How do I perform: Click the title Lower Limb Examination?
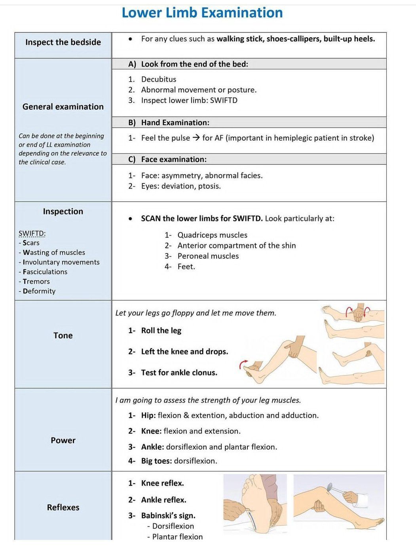point(202,13)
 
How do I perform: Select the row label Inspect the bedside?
point(63,42)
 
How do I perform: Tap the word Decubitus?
point(158,79)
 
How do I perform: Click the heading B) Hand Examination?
point(169,122)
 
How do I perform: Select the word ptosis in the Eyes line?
point(209,186)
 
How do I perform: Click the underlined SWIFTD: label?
point(32,233)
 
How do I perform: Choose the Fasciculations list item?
point(45,272)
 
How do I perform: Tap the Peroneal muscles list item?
point(208,256)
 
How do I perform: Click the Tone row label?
point(63,336)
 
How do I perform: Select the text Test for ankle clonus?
point(179,373)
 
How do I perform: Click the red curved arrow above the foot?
point(243,364)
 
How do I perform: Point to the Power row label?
point(63,440)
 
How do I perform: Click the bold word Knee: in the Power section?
point(151,431)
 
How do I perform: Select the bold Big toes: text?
point(156,461)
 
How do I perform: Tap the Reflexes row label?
point(63,507)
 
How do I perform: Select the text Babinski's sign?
point(168,516)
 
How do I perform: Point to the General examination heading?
point(63,107)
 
